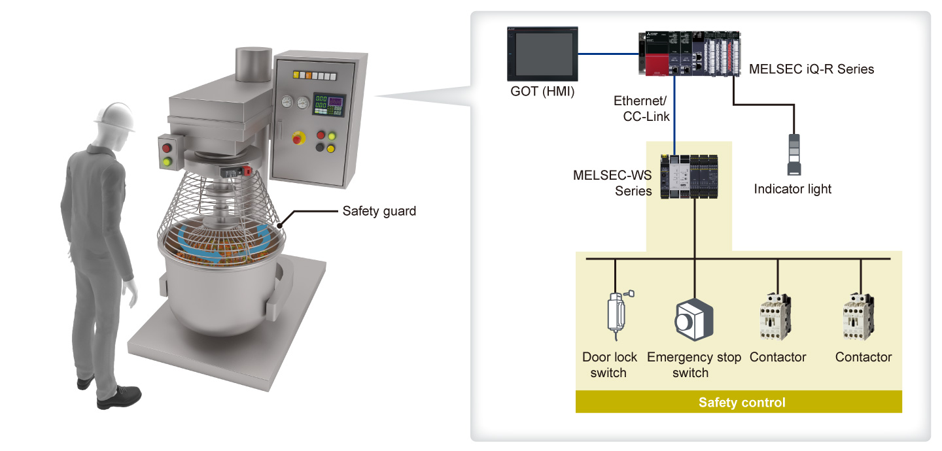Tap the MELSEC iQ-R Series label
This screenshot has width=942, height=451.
click(811, 69)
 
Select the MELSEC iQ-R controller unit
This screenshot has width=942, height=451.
click(689, 55)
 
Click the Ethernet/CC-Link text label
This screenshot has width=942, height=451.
click(642, 109)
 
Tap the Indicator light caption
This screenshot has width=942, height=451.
click(792, 190)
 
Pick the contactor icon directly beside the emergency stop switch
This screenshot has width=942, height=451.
click(776, 317)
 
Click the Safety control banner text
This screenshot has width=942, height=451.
click(741, 403)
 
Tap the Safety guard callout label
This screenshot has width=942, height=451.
click(379, 211)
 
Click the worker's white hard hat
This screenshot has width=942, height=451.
click(113, 116)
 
